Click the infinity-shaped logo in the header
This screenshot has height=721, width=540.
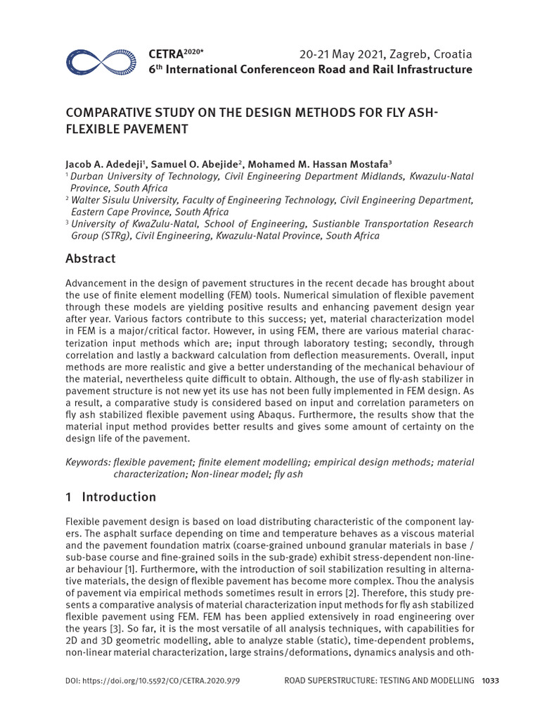click(100, 62)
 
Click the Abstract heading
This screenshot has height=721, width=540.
click(90, 258)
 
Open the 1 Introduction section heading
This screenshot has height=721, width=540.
click(110, 497)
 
